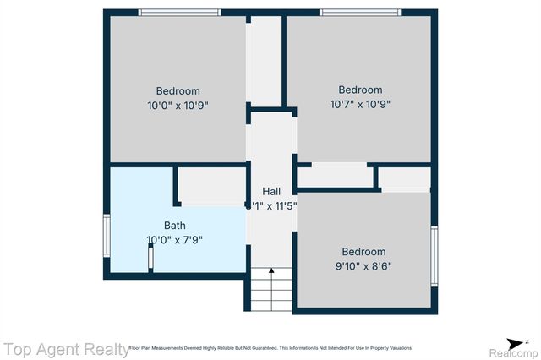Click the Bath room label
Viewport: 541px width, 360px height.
[175, 226]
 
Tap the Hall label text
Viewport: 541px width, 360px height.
[271, 191]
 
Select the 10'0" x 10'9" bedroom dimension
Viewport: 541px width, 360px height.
[178, 106]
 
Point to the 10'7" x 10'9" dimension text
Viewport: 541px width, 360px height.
[360, 105]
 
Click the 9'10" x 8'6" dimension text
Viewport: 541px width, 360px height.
[363, 265]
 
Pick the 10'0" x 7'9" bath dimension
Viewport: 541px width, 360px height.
[175, 239]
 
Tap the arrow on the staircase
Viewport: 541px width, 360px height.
[271, 272]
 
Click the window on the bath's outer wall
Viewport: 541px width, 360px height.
[107, 237]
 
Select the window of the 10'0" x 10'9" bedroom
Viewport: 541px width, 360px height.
[179, 12]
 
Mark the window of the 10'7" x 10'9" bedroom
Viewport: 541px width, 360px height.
[359, 12]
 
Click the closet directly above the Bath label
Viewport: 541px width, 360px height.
[210, 186]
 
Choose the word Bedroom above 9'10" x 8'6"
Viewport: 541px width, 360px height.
[363, 252]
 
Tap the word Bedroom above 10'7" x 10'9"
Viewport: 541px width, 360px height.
[360, 90]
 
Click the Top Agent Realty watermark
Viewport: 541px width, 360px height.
[65, 348]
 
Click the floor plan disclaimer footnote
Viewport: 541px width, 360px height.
[270, 348]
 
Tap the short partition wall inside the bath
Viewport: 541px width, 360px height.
[150, 258]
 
